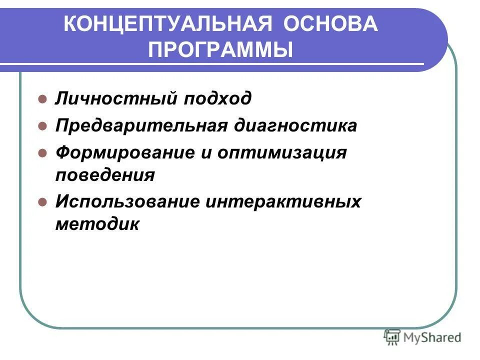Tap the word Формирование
click(x=125, y=152)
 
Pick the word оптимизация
click(x=282, y=152)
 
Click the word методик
click(x=97, y=224)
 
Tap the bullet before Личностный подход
click(x=43, y=98)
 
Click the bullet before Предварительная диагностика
click(x=43, y=125)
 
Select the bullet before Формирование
click(x=43, y=152)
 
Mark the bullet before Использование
click(x=43, y=201)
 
